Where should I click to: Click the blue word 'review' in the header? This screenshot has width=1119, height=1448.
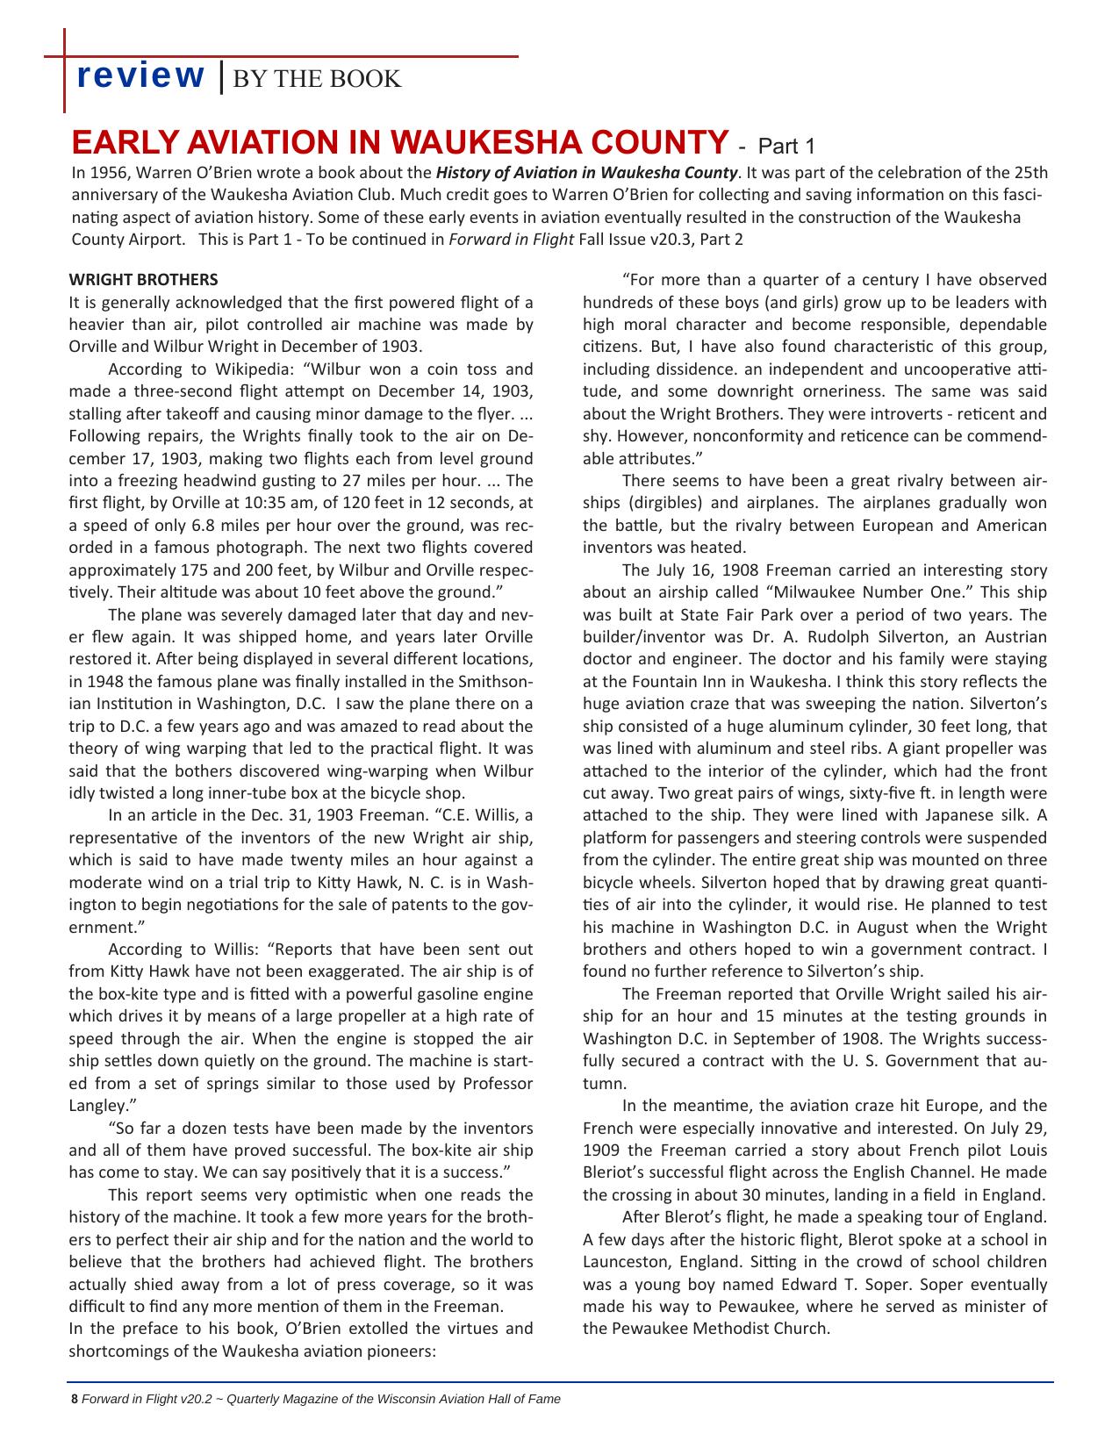[140, 76]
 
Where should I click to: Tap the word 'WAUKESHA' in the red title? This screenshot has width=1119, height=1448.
[491, 142]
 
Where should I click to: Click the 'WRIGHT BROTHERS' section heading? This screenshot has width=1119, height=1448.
[143, 280]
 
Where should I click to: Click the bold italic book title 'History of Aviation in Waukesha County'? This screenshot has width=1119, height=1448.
[586, 172]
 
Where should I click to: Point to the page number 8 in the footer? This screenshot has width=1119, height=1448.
[75, 1399]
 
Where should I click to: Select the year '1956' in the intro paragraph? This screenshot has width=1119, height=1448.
[107, 172]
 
